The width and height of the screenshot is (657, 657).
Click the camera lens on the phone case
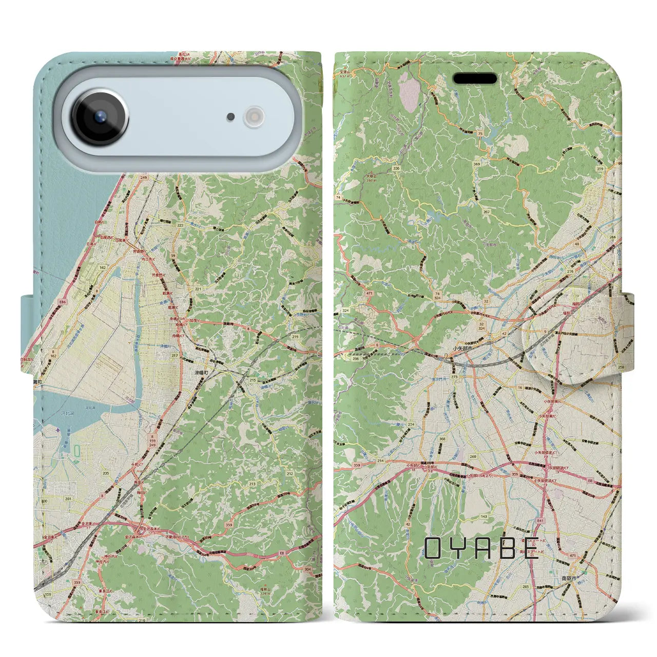100,116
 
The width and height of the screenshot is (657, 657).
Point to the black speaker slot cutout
475,79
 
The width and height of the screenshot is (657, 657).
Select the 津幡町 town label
202,372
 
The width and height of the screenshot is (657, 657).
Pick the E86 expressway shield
48,303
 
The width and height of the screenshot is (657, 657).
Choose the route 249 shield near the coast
143,178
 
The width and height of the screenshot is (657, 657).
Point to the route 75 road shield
480,133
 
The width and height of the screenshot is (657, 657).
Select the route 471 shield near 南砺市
572,555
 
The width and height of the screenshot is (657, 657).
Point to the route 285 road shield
525,586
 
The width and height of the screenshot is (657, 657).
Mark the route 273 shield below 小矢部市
454,377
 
